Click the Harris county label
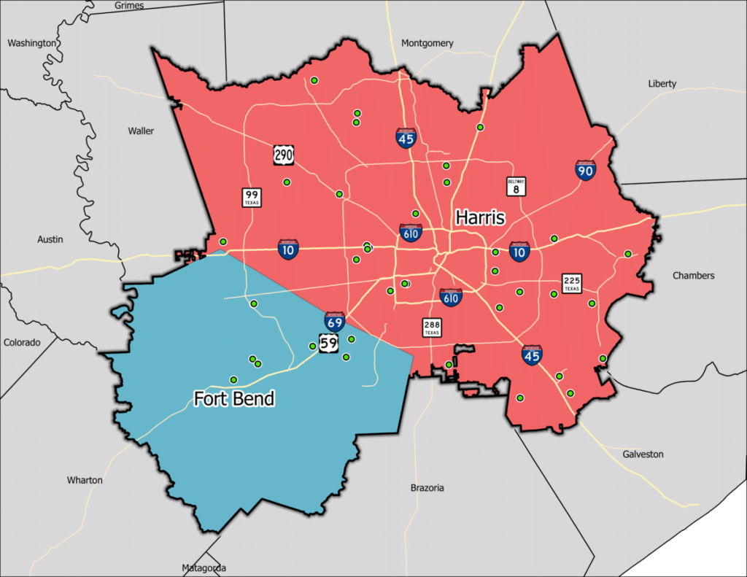pos(481,217)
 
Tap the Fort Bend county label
pos(234,398)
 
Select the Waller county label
pos(141,131)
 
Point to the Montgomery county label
pos(427,44)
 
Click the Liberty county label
pos(662,84)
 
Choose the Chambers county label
pos(693,276)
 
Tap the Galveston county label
pos(643,454)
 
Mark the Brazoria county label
pos(427,488)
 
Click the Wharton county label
pos(85,481)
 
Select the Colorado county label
pos(22,342)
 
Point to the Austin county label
pos(50,239)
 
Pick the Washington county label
pos(31,43)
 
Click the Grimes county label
pos(130,6)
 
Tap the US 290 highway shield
pos(284,154)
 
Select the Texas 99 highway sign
pos(252,197)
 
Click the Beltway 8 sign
pos(516,187)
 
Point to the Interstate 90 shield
pos(585,170)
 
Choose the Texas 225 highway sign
pos(571,283)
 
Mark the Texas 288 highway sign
pos(432,328)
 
